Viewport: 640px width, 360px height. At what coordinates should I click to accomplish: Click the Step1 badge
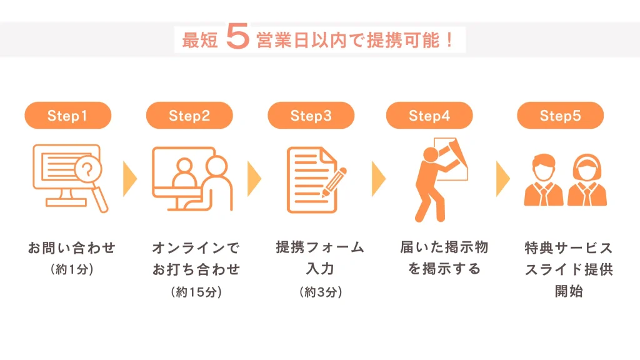67,116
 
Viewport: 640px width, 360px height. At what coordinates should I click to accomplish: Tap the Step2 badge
189,116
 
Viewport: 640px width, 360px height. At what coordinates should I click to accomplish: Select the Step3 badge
311,116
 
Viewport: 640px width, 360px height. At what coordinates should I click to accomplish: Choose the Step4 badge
429,116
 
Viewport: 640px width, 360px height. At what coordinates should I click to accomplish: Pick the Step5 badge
561,116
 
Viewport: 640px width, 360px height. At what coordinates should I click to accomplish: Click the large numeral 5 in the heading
237,36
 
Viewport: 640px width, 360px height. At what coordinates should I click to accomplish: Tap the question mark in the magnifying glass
87,168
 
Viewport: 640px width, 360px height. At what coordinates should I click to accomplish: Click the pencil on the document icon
334,182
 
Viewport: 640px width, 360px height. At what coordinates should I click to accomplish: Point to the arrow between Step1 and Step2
130,179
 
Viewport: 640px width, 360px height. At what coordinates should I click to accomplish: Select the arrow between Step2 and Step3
254,179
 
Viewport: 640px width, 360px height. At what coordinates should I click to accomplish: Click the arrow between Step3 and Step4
379,179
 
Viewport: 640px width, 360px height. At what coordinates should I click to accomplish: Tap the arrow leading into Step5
503,179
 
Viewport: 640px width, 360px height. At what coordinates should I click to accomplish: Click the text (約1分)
72,269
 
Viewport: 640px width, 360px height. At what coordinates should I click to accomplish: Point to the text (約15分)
196,292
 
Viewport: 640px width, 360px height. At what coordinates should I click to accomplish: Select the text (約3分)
321,292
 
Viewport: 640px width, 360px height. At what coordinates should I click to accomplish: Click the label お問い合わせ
72,247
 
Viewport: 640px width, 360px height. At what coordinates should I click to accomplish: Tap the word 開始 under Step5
569,291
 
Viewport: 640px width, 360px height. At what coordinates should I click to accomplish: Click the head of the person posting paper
431,155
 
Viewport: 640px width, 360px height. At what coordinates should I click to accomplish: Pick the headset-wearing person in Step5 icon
587,180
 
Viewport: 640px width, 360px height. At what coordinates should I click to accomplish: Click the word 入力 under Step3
321,269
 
